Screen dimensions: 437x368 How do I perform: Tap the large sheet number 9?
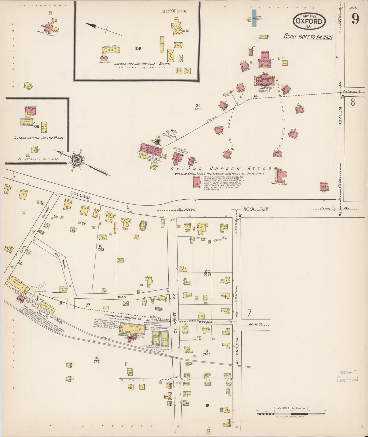(356, 18)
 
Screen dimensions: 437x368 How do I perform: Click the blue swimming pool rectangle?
(254, 18)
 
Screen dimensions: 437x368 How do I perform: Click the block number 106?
(138, 48)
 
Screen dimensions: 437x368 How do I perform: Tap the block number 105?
(36, 126)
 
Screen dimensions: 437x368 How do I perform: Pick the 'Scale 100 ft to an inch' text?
(308, 37)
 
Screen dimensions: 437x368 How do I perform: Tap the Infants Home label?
(279, 184)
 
